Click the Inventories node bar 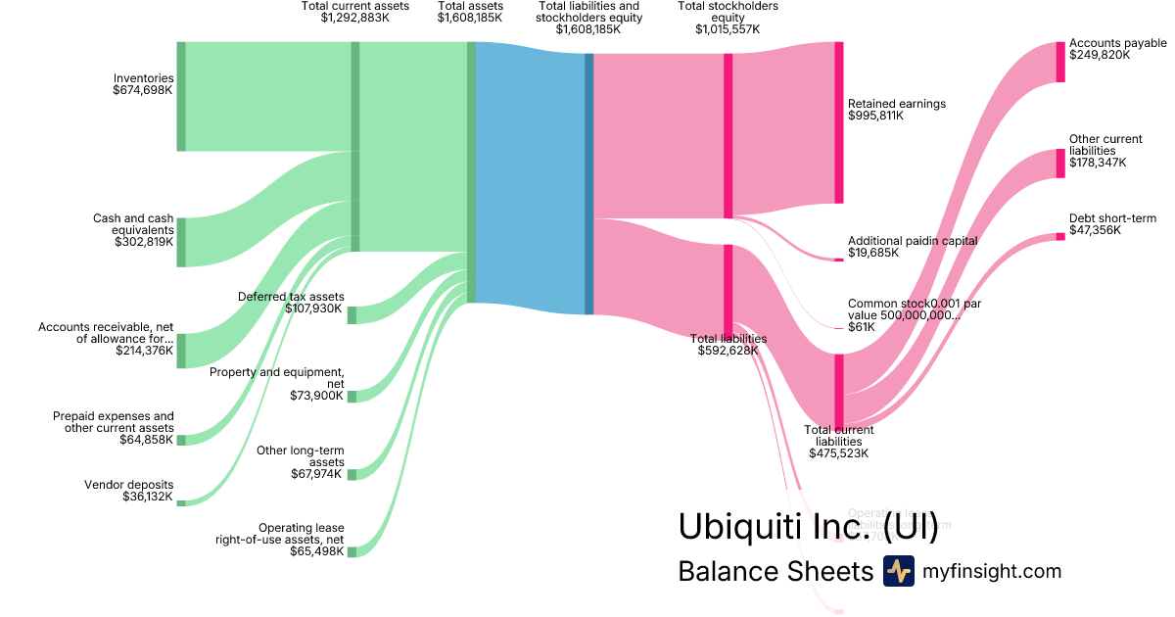(x=181, y=96)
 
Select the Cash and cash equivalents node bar (x=181, y=242)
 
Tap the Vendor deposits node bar (x=181, y=502)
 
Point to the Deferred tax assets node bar (x=352, y=314)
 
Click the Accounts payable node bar (x=1060, y=62)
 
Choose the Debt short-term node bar (x=1060, y=236)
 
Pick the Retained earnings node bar (x=838, y=122)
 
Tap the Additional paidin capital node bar (x=838, y=260)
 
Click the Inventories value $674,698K (x=143, y=90)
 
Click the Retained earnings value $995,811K (x=875, y=115)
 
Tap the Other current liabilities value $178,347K (x=1098, y=163)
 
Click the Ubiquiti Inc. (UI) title (x=808, y=527)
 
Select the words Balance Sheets (x=775, y=571)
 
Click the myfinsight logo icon (x=898, y=571)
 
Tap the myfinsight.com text (x=992, y=571)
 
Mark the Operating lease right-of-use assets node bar (x=352, y=551)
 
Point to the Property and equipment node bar (x=352, y=396)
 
